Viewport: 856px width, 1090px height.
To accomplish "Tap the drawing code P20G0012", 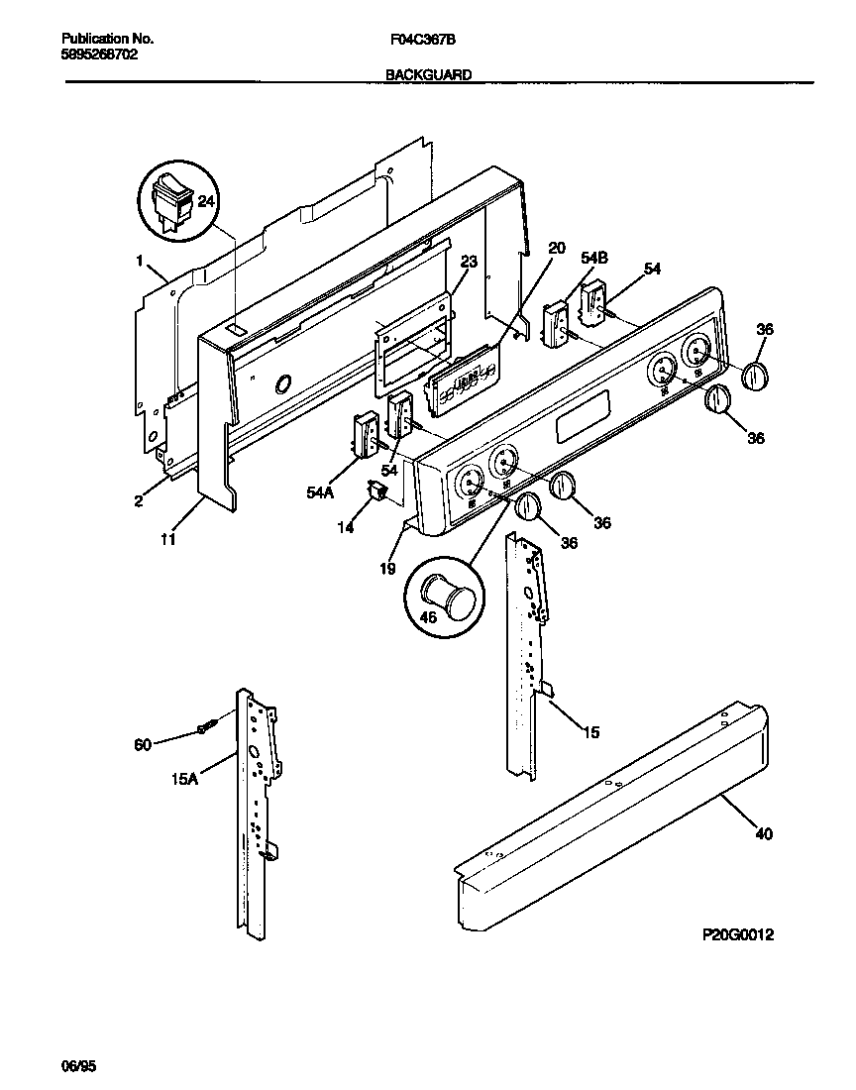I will coord(732,934).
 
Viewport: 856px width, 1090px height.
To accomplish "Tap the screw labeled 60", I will coord(206,728).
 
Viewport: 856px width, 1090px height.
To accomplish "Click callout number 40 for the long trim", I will coord(763,834).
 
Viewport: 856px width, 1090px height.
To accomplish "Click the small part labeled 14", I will coord(376,490).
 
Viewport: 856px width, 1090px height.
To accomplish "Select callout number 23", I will coord(469,262).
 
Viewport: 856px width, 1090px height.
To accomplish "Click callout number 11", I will coord(168,539).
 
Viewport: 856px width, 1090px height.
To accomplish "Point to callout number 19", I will coord(387,569).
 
